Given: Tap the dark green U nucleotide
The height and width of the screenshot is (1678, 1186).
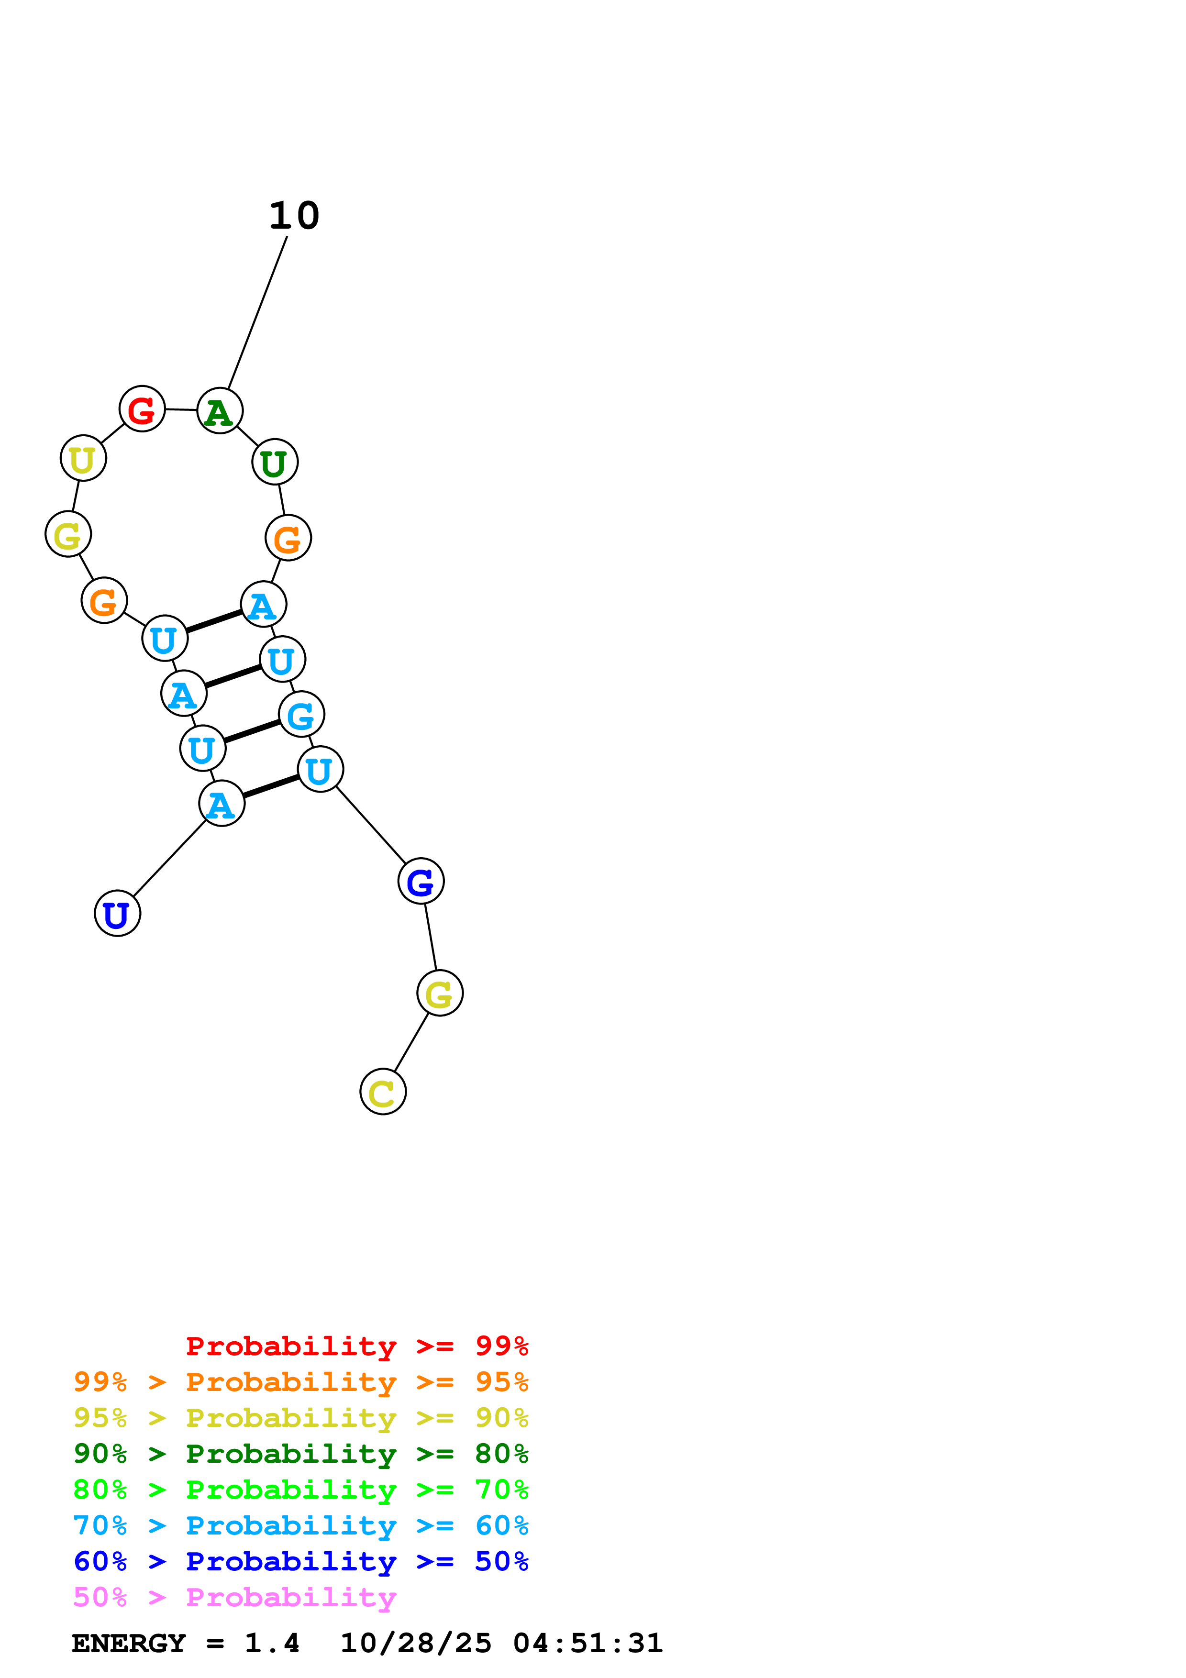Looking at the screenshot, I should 275,462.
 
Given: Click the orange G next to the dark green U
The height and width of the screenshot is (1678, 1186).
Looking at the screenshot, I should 288,538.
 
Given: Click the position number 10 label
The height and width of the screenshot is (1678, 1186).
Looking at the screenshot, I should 295,216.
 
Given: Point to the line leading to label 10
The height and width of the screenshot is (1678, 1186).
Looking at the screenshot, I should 258,313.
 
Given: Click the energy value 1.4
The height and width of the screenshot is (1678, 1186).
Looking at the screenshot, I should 272,1644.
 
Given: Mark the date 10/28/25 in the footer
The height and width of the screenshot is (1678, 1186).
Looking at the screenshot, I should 416,1644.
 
